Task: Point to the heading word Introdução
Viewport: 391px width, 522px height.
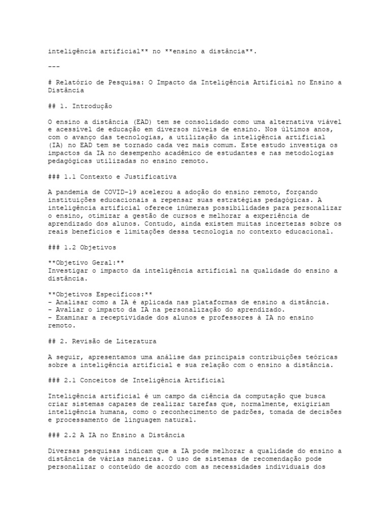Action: (x=92, y=106)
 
